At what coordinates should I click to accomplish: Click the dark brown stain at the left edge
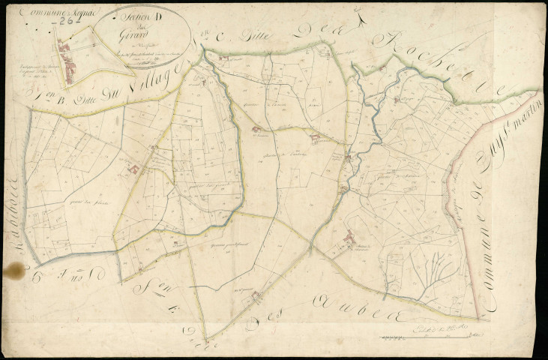(13, 270)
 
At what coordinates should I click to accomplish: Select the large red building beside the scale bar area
(349, 240)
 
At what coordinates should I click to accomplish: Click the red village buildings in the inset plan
(70, 63)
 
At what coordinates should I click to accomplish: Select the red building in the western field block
(134, 170)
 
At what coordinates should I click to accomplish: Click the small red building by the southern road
(256, 295)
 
